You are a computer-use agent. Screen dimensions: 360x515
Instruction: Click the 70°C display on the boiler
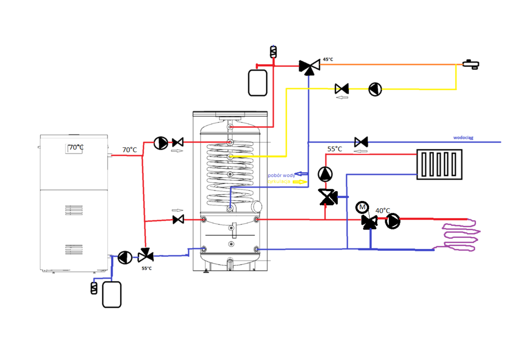pyautogui.click(x=76, y=148)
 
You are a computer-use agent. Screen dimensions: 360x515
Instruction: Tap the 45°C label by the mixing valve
pyautogui.click(x=328, y=59)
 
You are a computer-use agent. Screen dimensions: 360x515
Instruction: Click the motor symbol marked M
pyautogui.click(x=361, y=207)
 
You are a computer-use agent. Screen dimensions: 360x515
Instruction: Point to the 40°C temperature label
pyautogui.click(x=383, y=210)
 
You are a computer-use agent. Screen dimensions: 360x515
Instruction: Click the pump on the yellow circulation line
pyautogui.click(x=375, y=89)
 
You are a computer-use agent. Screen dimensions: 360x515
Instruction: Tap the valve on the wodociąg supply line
pyautogui.click(x=361, y=142)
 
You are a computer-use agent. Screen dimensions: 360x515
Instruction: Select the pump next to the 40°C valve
pyautogui.click(x=393, y=221)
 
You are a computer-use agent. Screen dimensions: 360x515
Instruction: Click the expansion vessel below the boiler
pyautogui.click(x=112, y=294)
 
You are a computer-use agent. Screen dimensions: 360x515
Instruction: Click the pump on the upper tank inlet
pyautogui.click(x=160, y=143)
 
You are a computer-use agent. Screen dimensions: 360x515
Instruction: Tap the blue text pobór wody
pyautogui.click(x=281, y=175)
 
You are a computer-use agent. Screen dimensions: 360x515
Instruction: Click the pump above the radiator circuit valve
pyautogui.click(x=325, y=174)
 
